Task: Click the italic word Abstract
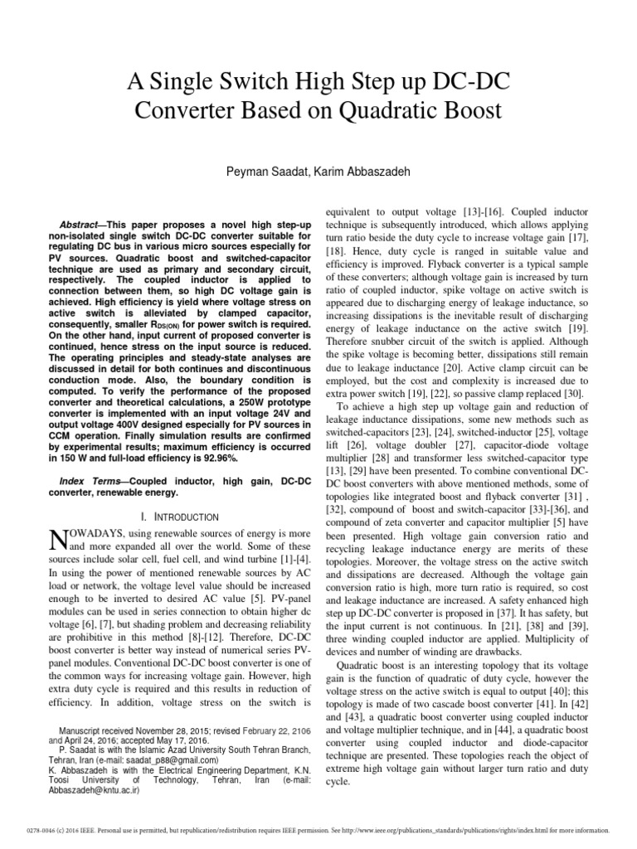click(x=83, y=225)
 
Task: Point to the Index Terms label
click(x=87, y=482)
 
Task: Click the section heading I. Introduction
click(x=180, y=517)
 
